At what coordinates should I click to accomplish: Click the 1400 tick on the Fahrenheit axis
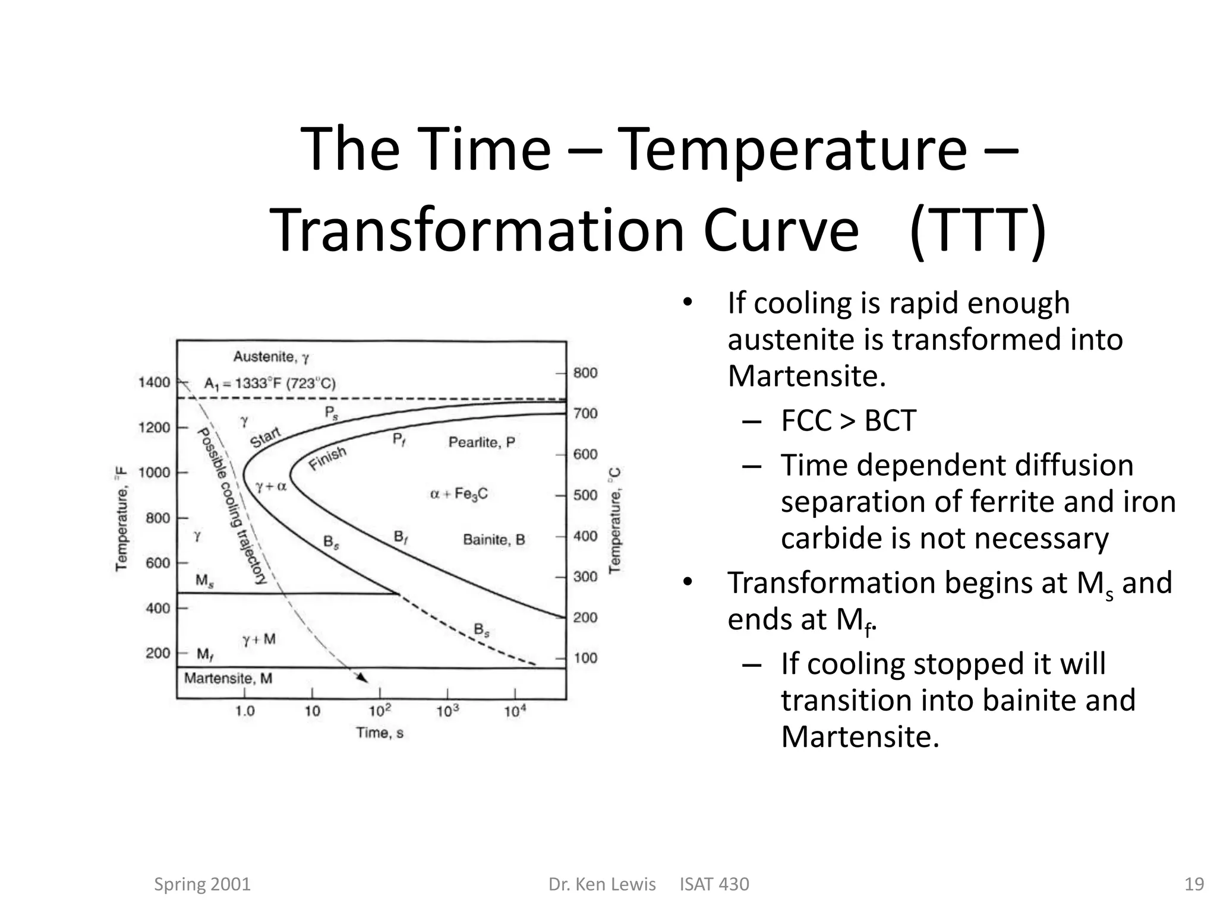(155, 382)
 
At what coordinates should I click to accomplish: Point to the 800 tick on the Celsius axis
(585, 373)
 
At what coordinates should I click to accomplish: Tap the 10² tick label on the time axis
(380, 711)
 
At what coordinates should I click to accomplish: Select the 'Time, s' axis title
(380, 733)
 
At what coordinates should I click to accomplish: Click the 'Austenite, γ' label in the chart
(271, 357)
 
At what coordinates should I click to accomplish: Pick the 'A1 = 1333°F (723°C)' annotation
(270, 384)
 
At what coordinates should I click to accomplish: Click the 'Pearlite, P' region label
(481, 442)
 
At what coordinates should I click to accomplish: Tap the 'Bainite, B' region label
(494, 540)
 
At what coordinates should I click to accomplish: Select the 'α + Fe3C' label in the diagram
(459, 494)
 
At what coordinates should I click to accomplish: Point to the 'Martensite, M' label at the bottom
(228, 678)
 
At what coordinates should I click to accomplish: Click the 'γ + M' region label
(259, 639)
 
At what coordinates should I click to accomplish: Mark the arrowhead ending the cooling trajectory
(362, 678)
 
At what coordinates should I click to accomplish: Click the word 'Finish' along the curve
(327, 458)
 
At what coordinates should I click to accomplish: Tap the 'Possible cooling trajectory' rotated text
(231, 506)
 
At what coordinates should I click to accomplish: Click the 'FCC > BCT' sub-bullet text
(848, 420)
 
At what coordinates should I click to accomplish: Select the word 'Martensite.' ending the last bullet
(860, 737)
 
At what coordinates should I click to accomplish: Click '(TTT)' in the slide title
(978, 230)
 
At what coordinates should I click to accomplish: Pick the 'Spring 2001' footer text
(202, 884)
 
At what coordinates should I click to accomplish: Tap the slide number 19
(1194, 884)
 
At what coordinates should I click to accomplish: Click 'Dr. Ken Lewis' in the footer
(602, 884)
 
